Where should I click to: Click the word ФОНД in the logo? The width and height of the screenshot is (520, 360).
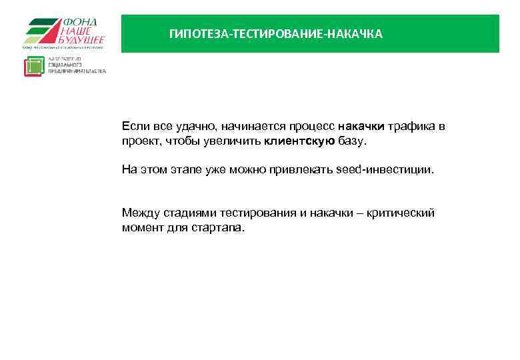pos(79,22)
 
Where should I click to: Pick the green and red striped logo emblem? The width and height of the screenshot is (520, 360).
pos(41,32)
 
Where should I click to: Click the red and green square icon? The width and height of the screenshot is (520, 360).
pos(34,66)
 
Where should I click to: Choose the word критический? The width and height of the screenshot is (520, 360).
pos(404,213)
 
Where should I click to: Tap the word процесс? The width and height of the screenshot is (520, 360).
pos(313,127)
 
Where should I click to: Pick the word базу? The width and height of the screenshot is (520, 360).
pos(352,141)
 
